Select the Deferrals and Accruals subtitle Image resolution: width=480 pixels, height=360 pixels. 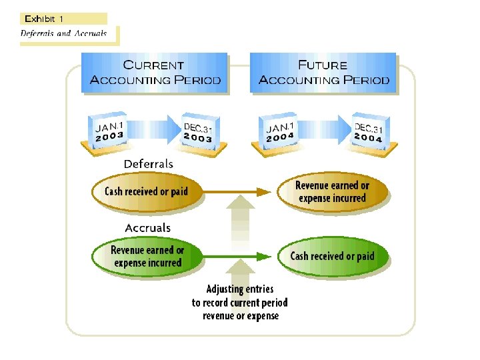tap(63, 33)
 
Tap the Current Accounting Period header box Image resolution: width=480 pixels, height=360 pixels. tap(155, 73)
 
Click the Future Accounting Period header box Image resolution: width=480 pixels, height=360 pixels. tap(323, 73)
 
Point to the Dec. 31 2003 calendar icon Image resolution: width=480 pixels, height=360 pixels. tap(198, 130)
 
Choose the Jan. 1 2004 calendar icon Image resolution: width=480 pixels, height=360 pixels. tap(281, 131)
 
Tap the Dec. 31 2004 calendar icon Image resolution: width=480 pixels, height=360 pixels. tap(368, 131)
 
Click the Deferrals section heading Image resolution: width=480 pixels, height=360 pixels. tap(148, 164)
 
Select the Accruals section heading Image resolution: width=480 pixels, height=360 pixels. tap(148, 228)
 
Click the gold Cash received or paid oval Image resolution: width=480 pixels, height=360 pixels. tap(146, 192)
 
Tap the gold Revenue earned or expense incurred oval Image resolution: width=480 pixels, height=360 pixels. tap(332, 192)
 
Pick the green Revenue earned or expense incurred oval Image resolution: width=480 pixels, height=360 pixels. tap(147, 257)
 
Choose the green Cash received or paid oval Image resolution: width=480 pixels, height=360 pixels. tap(332, 257)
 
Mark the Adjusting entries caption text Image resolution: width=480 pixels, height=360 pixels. tap(240, 302)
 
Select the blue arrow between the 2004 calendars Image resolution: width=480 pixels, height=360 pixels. tap(324, 127)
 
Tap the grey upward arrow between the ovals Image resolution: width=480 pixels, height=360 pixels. tap(239, 220)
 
